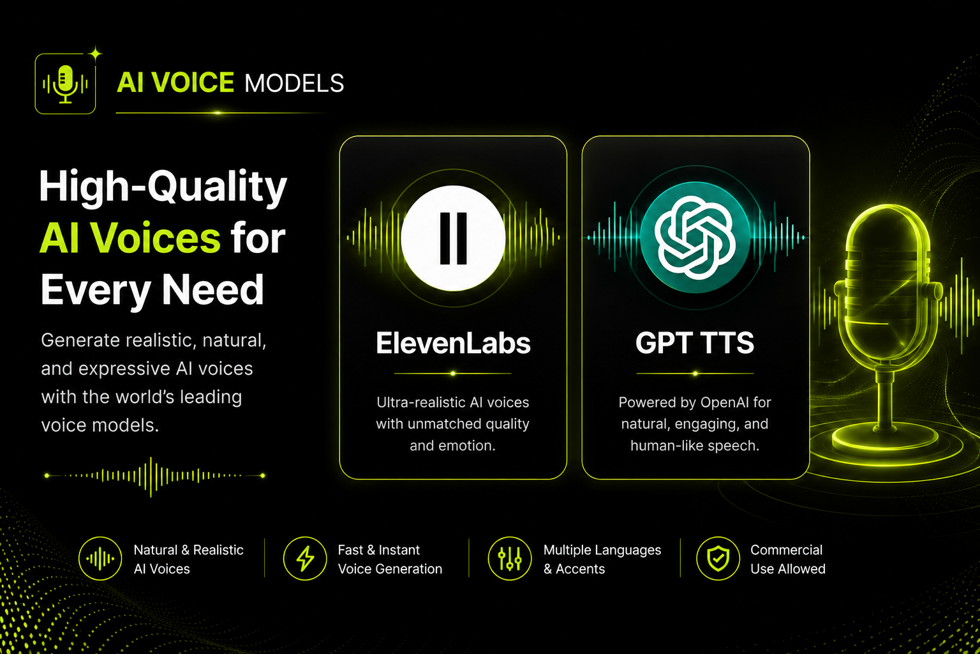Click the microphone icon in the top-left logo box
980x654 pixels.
point(65,84)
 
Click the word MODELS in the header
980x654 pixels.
point(294,83)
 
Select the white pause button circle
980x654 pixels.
point(453,238)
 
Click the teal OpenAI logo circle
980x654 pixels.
point(695,238)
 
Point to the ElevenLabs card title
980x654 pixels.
point(453,343)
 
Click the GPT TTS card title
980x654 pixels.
point(695,342)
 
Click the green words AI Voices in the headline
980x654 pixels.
point(130,238)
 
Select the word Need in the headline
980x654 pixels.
point(213,289)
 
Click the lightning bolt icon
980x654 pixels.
point(305,558)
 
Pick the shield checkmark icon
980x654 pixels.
point(718,559)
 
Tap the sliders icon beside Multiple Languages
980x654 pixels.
point(510,558)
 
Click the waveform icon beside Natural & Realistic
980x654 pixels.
point(100,558)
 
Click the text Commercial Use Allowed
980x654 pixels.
point(788,559)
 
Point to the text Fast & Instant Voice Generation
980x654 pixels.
point(390,559)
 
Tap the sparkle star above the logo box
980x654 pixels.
point(95,54)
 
